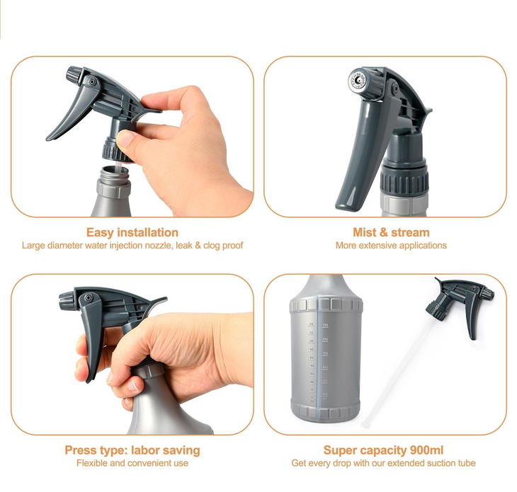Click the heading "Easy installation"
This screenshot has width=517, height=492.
tap(132, 232)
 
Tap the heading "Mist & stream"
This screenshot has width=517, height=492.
tap(391, 232)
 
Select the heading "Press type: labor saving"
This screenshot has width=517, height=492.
tap(132, 450)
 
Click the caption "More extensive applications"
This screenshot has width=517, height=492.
tap(391, 246)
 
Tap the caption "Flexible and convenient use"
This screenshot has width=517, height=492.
tap(132, 463)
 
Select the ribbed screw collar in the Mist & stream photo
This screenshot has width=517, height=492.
tap(404, 181)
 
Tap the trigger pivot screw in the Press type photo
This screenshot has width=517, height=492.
tap(88, 298)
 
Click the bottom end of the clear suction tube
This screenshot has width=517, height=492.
tap(365, 425)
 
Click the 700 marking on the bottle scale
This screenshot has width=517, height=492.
tap(326, 325)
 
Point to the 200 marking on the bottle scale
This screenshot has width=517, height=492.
tap(325, 394)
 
